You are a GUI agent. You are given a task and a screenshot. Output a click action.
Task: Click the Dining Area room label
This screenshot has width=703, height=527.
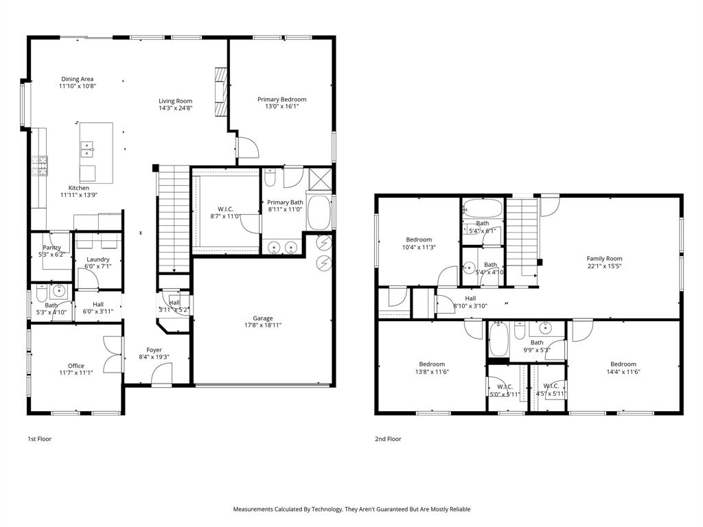pyautogui.click(x=76, y=79)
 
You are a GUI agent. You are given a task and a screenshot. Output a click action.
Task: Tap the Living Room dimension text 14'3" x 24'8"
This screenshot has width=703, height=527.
pyautogui.click(x=175, y=108)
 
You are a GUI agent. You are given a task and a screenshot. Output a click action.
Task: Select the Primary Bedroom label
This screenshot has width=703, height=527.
pyautogui.click(x=281, y=99)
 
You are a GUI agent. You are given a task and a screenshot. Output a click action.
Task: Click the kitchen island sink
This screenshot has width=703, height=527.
pyautogui.click(x=88, y=145)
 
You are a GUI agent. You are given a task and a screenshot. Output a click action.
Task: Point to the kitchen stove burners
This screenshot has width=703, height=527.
pyautogui.click(x=38, y=164)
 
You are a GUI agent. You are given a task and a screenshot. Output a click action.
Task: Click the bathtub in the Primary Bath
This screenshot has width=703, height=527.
pyautogui.click(x=319, y=213)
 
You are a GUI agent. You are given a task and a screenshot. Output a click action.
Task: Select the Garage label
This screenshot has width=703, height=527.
pyautogui.click(x=263, y=318)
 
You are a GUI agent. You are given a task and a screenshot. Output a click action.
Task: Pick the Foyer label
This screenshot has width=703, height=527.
pyautogui.click(x=154, y=350)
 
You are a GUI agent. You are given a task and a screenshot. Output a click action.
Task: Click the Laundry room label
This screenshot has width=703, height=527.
pyautogui.click(x=97, y=259)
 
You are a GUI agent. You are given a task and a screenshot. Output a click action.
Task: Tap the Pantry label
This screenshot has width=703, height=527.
pyautogui.click(x=52, y=247)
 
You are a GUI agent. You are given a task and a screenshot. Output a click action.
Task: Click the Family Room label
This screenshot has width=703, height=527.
pyautogui.click(x=604, y=259)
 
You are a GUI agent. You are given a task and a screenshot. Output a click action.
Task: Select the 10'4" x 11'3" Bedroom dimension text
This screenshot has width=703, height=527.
pyautogui.click(x=419, y=248)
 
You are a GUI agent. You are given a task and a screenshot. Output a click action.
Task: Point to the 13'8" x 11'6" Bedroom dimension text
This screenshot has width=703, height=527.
pyautogui.click(x=432, y=372)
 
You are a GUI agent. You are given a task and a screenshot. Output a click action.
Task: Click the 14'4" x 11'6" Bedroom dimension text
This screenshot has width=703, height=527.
pyautogui.click(x=623, y=372)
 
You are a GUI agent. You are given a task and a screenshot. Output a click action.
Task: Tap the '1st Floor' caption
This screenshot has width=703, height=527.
pyautogui.click(x=39, y=438)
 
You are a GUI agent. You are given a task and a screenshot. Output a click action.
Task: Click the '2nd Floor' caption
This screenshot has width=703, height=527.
pyautogui.click(x=388, y=438)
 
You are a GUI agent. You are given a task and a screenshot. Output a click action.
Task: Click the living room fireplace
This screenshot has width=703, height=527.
pyautogui.click(x=220, y=93)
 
